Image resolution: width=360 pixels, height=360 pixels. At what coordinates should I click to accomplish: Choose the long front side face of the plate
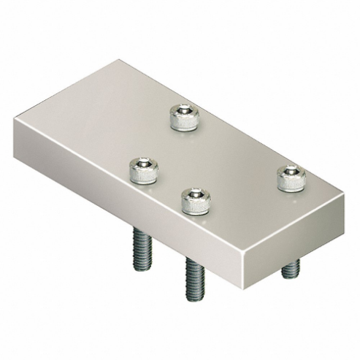[x=131, y=205]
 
